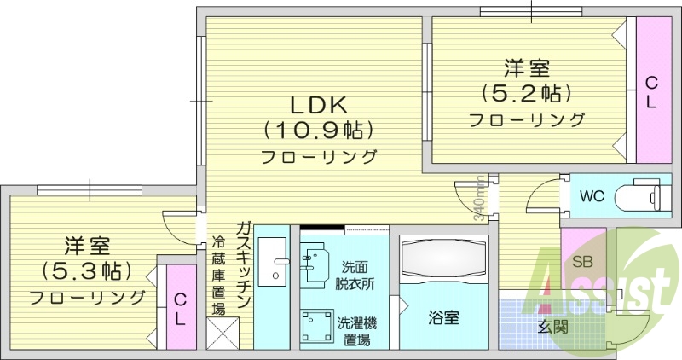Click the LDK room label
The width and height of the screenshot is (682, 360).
[x=317, y=105]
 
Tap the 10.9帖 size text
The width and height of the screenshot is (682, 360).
[x=317, y=131]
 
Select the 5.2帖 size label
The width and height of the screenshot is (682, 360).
[x=526, y=91]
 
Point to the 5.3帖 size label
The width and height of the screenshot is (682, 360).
[x=86, y=271]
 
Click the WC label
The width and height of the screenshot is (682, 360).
[x=592, y=196]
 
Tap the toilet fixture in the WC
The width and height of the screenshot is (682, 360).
[x=639, y=196]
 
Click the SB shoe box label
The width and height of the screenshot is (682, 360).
[x=583, y=262]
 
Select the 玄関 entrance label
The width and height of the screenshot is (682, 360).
[x=553, y=327]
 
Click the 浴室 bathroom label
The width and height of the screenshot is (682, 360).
[x=443, y=318]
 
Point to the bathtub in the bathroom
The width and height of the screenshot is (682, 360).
[x=443, y=261]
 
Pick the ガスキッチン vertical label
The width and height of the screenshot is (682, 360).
[x=244, y=264]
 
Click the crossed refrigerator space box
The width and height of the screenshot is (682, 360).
[x=225, y=333]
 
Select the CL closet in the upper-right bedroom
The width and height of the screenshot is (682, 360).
[x=651, y=91]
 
